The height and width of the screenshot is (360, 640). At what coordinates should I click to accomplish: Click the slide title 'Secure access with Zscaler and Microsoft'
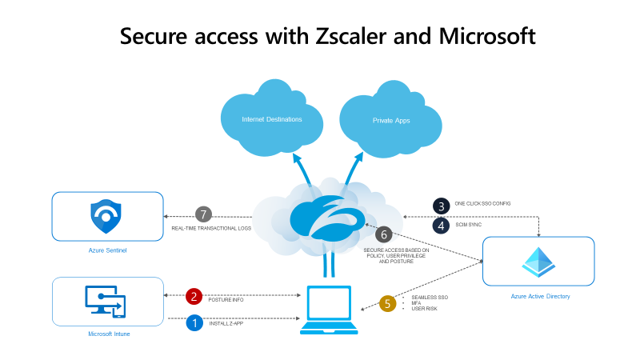(x=327, y=36)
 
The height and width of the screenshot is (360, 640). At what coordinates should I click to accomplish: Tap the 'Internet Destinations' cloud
(x=272, y=119)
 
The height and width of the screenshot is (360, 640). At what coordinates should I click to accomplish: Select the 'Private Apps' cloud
(x=390, y=120)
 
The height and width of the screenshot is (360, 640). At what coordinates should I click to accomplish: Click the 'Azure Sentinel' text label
(x=107, y=250)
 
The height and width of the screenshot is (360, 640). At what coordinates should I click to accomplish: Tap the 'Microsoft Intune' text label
(x=109, y=334)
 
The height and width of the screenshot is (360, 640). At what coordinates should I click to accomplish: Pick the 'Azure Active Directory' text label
(x=540, y=296)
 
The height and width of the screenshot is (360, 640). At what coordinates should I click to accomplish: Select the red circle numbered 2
(x=194, y=297)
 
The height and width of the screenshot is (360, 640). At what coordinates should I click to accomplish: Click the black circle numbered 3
(x=441, y=205)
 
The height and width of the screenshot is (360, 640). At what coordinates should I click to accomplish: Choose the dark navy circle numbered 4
(x=441, y=226)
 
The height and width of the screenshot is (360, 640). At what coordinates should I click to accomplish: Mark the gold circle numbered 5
(x=388, y=303)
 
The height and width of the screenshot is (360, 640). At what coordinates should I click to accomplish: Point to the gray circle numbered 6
(x=384, y=234)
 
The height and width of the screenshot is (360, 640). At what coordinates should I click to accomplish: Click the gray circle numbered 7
(x=204, y=214)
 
